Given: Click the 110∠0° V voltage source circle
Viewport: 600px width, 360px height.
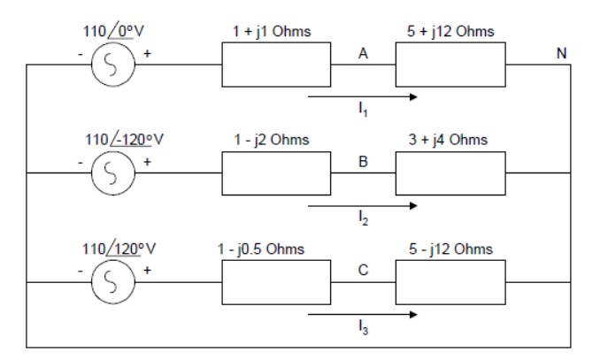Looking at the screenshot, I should [113, 65].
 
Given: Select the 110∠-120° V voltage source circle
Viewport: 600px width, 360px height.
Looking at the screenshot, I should [113, 173].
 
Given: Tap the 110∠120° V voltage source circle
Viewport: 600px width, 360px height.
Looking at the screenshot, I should [113, 282].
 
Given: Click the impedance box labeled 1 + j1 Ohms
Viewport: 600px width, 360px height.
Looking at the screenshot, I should [275, 65].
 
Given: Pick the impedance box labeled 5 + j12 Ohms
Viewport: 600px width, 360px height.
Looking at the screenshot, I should [450, 65].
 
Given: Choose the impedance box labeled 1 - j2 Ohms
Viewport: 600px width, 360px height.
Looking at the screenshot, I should [275, 173].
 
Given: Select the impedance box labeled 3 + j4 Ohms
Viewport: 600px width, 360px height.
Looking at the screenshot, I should [450, 173].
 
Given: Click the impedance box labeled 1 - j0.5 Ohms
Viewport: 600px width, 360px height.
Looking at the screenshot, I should [275, 282].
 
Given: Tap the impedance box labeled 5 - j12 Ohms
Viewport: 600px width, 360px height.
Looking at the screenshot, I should [450, 282].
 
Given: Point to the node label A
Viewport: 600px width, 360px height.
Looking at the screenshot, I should [363, 53].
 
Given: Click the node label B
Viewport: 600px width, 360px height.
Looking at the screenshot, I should [363, 162].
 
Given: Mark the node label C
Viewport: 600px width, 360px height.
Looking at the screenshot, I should [363, 271].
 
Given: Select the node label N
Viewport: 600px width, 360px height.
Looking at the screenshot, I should [560, 53].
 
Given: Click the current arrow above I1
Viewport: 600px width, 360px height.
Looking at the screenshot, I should [363, 95].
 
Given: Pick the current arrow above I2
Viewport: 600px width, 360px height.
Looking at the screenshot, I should [363, 204].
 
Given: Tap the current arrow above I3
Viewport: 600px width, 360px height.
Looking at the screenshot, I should [363, 313].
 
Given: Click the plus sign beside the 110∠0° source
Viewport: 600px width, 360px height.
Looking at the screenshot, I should [147, 54].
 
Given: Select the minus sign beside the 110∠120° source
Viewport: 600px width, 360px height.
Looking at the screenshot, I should [80, 272].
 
